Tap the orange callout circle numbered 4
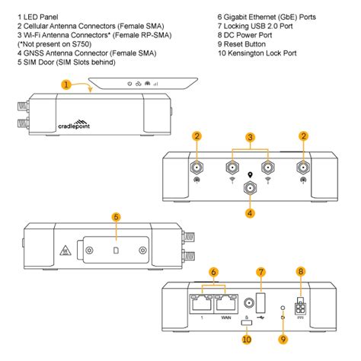[x=249, y=212]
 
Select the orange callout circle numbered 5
[x=116, y=217]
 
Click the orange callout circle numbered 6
[x=215, y=272]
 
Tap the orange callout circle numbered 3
[x=249, y=137]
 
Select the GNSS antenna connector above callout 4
[x=249, y=188]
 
